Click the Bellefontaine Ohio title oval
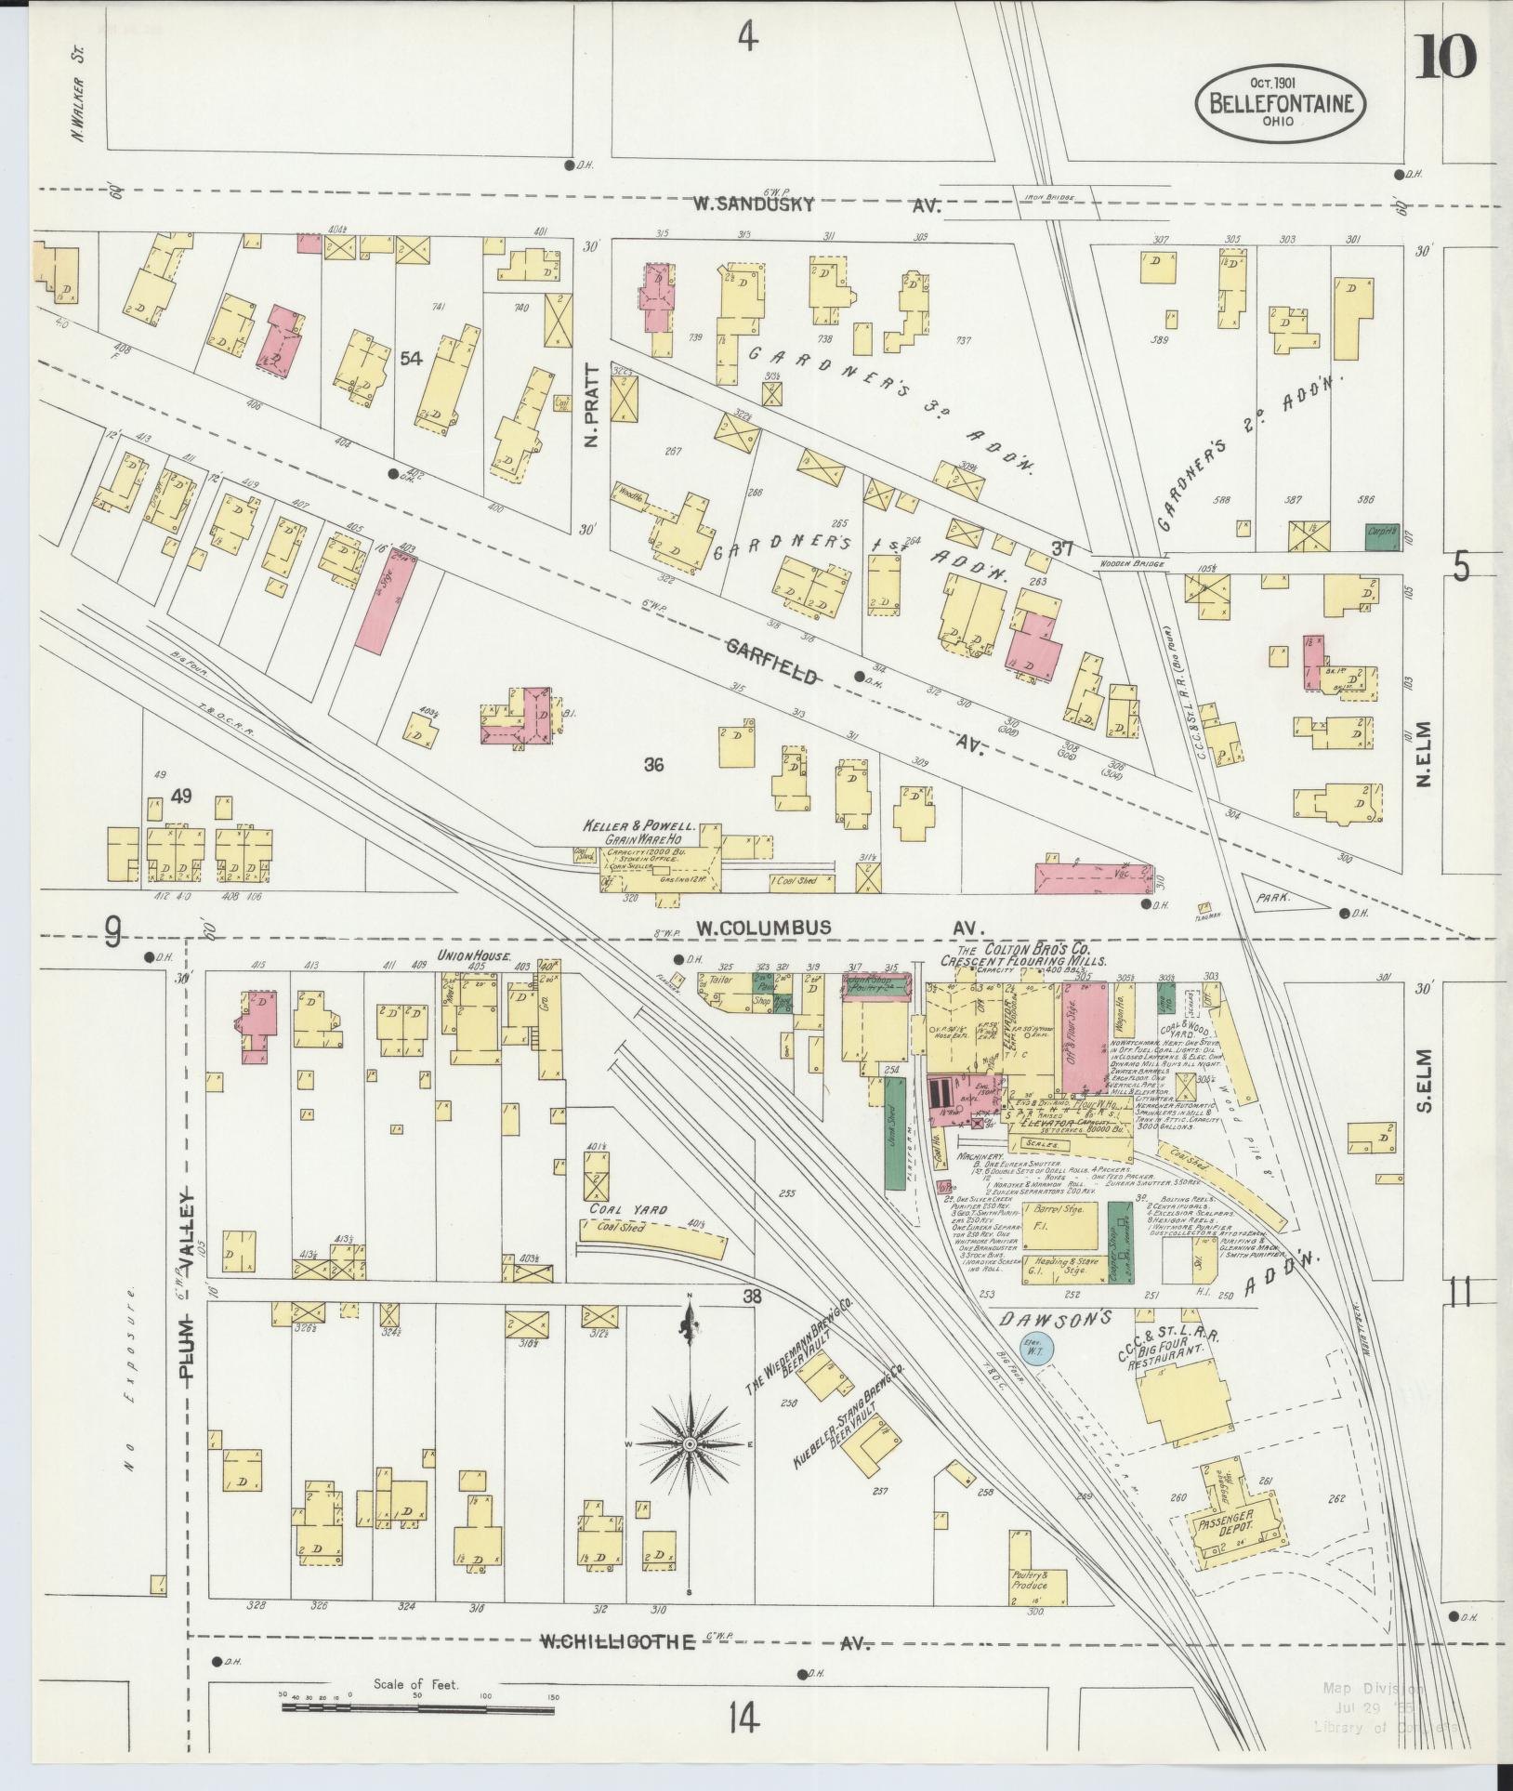(x=1280, y=102)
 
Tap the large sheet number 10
(x=1446, y=58)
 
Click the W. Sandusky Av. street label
(x=756, y=204)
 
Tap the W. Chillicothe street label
(x=618, y=1667)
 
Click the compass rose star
(x=690, y=1470)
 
